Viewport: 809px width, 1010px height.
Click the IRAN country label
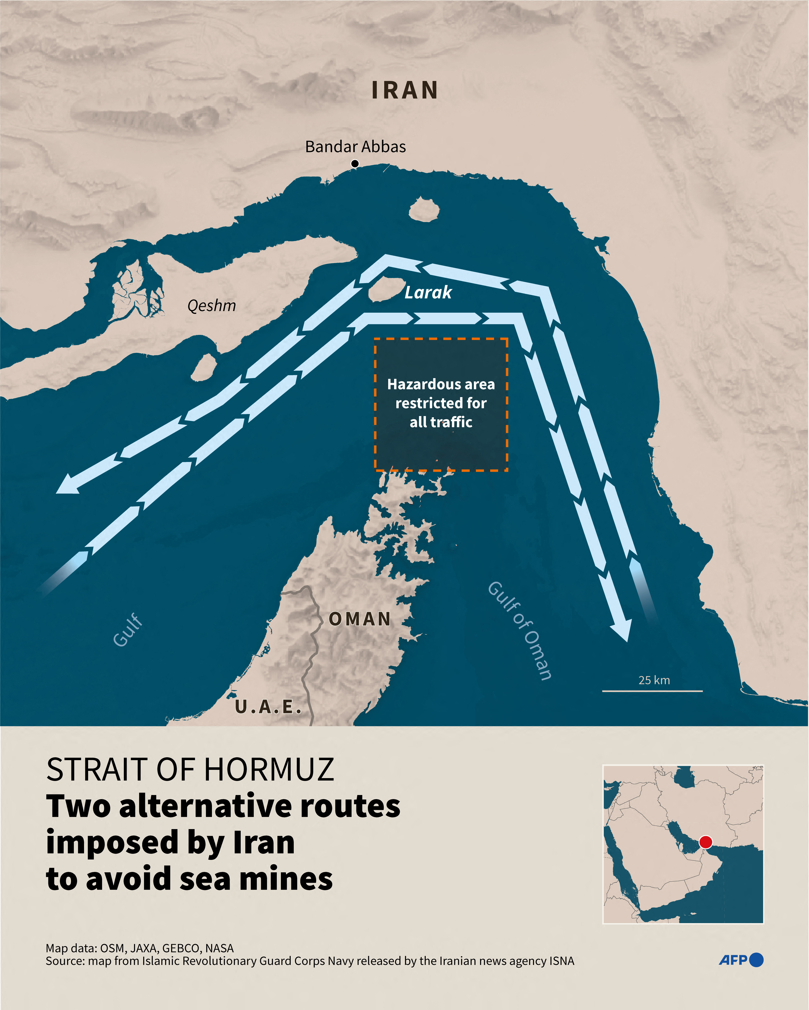pyautogui.click(x=405, y=90)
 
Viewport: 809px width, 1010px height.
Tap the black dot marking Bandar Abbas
pyautogui.click(x=355, y=164)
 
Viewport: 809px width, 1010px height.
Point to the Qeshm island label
pyautogui.click(x=211, y=306)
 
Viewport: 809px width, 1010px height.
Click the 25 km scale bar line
pyautogui.click(x=652, y=691)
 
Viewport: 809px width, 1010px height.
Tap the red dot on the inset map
pyautogui.click(x=705, y=842)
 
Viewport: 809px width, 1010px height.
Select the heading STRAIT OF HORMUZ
pyautogui.click(x=190, y=770)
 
